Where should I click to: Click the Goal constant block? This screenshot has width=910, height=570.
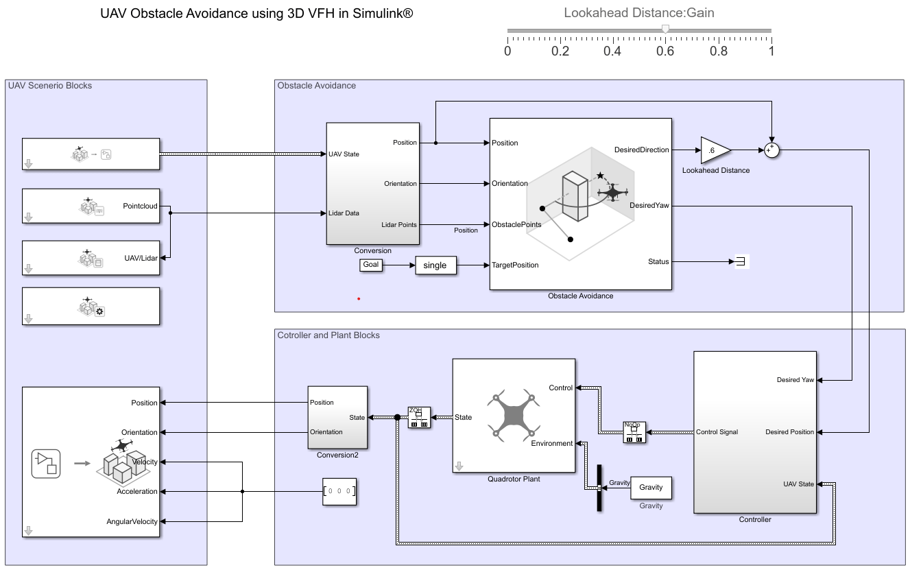pos(370,265)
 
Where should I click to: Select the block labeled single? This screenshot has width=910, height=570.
pos(435,265)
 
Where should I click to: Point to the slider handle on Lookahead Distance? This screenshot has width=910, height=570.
pos(664,29)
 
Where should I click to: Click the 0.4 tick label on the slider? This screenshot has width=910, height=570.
pos(612,51)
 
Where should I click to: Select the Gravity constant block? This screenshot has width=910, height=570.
pos(651,487)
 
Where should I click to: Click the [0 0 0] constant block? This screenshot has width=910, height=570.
pos(339,491)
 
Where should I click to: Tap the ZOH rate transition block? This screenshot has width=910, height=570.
pos(418,417)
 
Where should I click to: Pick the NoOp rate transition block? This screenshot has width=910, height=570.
pos(633,432)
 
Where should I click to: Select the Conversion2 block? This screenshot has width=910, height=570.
pos(337,417)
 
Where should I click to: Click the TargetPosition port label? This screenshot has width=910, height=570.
pos(515,265)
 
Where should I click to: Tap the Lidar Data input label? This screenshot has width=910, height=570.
pos(344,213)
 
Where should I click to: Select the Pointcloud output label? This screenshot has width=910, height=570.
pos(141,205)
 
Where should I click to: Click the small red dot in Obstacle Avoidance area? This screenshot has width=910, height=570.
pos(359,298)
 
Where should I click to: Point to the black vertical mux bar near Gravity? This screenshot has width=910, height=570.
pos(599,488)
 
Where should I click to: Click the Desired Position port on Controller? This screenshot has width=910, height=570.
pos(789,432)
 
